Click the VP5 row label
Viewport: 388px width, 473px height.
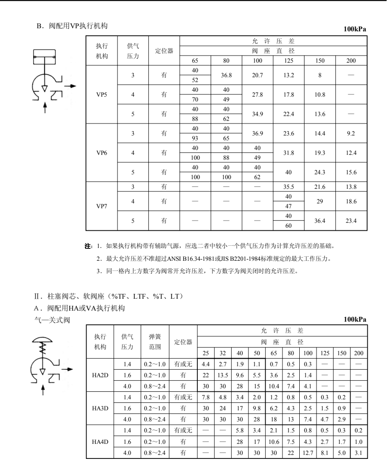pyautogui.click(x=101, y=94)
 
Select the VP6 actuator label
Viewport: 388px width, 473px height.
pyautogui.click(x=101, y=152)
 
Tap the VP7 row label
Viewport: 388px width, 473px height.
pyautogui.click(x=101, y=205)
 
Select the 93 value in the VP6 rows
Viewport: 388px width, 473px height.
pyautogui.click(x=196, y=138)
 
